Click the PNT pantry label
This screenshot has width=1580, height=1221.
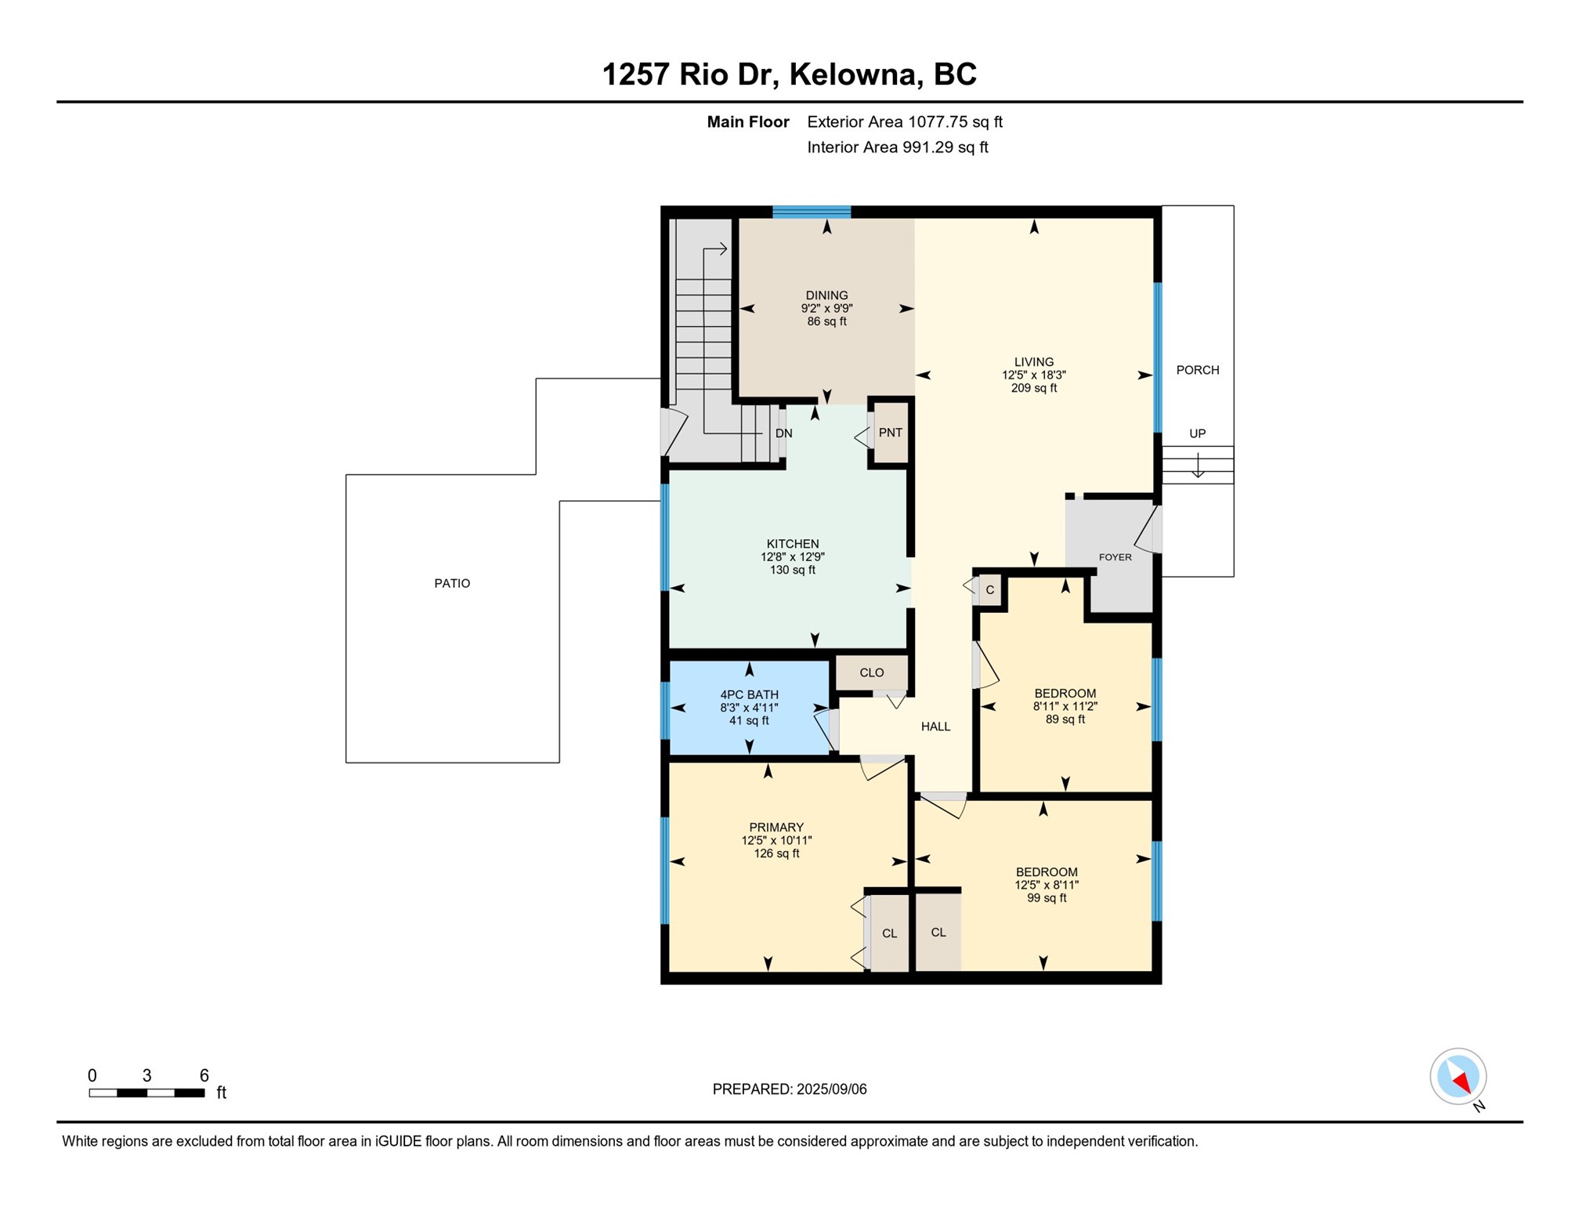(890, 433)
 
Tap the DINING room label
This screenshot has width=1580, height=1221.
(826, 295)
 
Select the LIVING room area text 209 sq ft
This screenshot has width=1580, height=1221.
(1033, 388)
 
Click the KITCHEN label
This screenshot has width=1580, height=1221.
(793, 544)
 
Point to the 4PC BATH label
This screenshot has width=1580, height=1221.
(750, 694)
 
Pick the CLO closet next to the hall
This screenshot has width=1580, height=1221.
(872, 672)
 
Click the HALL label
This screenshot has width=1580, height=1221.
(935, 726)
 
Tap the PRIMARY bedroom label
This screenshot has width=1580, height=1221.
(776, 828)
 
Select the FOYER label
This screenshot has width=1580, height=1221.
(1115, 557)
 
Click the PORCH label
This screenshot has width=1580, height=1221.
(1197, 370)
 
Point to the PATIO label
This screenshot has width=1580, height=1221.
(452, 583)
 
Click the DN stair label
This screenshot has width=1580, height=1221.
(783, 433)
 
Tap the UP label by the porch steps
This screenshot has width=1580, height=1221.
(1197, 433)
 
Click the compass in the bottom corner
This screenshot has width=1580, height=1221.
(1458, 1077)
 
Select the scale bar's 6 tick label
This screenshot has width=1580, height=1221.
(204, 1075)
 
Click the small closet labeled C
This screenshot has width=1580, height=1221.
(989, 590)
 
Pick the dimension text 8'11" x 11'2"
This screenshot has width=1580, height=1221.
(1065, 706)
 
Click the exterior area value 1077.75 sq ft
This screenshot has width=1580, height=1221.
(954, 122)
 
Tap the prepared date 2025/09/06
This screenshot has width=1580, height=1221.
(831, 1089)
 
